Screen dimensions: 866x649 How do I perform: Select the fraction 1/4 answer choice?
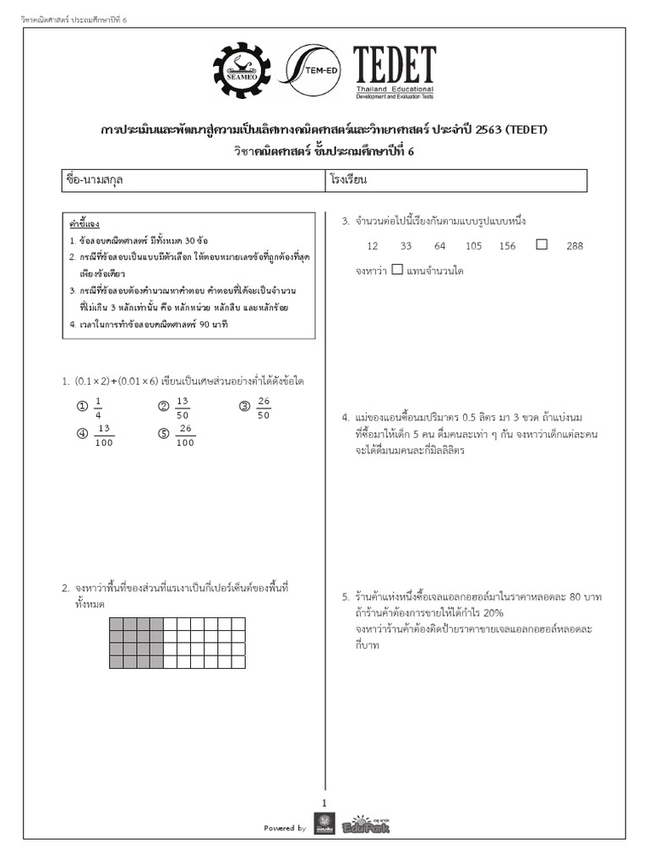point(98,408)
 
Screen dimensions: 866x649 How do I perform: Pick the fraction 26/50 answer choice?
point(264,408)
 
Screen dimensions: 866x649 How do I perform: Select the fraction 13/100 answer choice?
point(104,436)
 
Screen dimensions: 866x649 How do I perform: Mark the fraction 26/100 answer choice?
point(186,436)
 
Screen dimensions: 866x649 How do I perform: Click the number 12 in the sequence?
point(373,246)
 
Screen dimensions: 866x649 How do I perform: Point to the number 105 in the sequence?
point(473,246)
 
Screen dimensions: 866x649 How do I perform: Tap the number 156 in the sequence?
point(507,246)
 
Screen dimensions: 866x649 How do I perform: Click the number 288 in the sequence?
point(575,246)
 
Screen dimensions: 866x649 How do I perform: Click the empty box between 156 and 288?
point(542,244)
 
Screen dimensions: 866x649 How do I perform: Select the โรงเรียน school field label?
point(349,181)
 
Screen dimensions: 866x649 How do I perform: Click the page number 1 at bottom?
point(324,803)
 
